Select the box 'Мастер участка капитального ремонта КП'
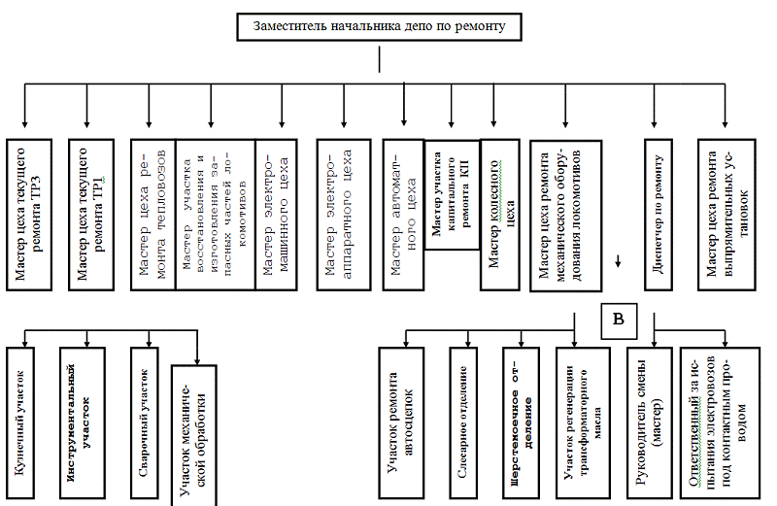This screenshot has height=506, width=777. point(453,193)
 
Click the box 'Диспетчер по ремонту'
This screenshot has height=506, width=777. point(660,215)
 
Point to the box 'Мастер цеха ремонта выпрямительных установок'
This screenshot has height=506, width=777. point(726,215)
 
